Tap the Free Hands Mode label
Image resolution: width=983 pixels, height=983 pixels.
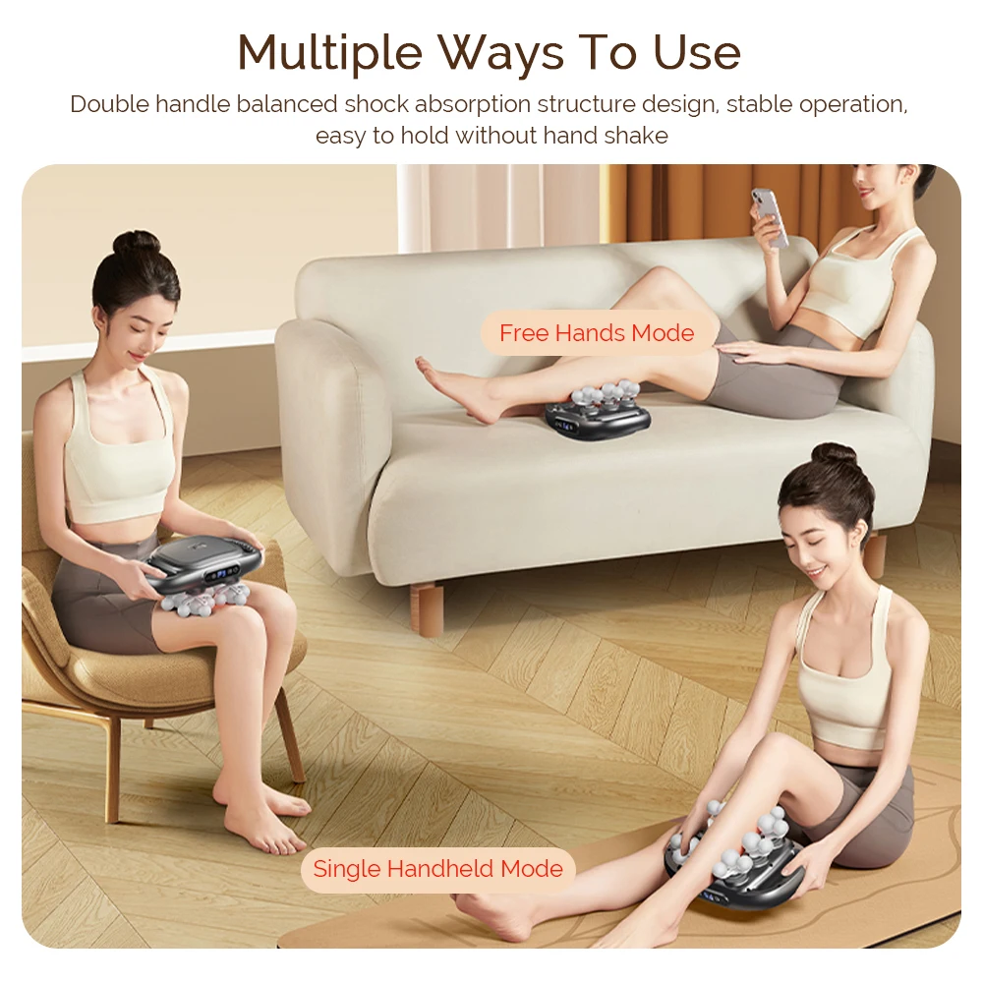click(597, 332)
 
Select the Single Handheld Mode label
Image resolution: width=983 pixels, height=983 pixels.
click(437, 869)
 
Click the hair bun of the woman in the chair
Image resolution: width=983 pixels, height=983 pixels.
click(136, 242)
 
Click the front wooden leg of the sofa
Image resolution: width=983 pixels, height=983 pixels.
click(426, 609)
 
